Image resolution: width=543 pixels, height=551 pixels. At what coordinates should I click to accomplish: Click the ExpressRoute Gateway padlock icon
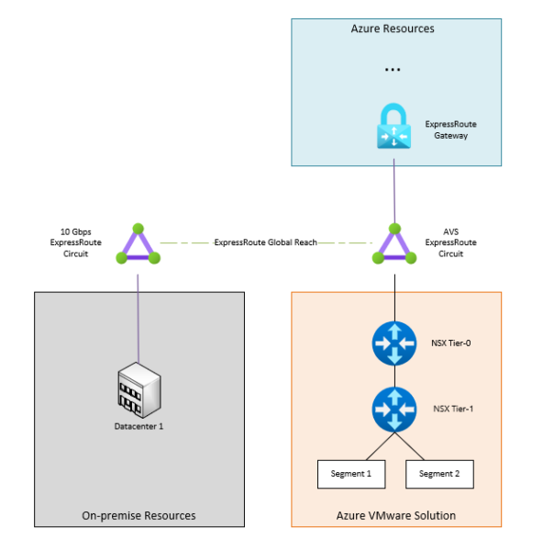click(x=395, y=129)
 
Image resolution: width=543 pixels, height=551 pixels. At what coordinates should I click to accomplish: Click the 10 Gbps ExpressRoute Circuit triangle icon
click(x=139, y=244)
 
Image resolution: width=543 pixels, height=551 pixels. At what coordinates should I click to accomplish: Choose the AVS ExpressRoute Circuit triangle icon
click(x=395, y=244)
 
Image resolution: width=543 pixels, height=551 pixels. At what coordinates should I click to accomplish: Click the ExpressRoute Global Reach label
click(x=266, y=243)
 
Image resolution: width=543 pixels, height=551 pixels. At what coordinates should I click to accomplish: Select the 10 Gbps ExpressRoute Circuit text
click(x=76, y=242)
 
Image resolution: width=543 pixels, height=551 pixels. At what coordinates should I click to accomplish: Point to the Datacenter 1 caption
click(x=139, y=427)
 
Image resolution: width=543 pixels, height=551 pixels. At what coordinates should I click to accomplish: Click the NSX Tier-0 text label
click(x=451, y=343)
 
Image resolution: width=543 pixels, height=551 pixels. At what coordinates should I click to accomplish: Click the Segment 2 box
click(x=439, y=474)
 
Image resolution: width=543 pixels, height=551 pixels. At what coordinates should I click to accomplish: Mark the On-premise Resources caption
click(x=139, y=515)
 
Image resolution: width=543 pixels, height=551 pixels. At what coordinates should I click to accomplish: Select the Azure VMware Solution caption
click(x=395, y=515)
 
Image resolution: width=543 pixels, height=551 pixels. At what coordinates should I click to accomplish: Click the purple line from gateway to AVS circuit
click(x=395, y=193)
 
